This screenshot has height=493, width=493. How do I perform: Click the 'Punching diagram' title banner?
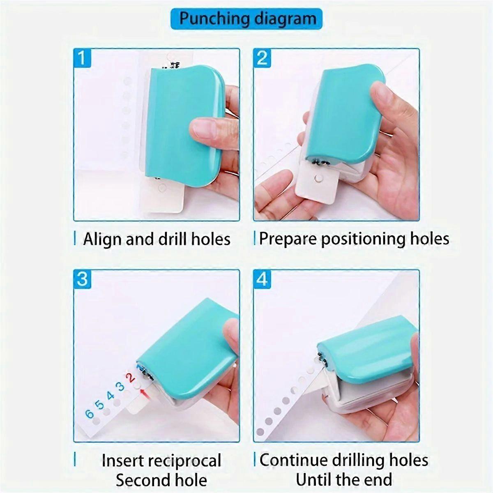click(246, 19)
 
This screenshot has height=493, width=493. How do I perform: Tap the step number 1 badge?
click(82, 58)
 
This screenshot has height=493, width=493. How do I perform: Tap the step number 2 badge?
click(262, 58)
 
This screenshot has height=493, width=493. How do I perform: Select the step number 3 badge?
click(82, 279)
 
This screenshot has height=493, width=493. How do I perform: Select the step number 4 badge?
click(262, 279)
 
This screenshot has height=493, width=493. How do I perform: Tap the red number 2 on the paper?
click(131, 377)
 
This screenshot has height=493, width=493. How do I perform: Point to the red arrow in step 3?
click(143, 395)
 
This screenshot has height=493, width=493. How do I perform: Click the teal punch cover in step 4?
click(366, 345)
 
